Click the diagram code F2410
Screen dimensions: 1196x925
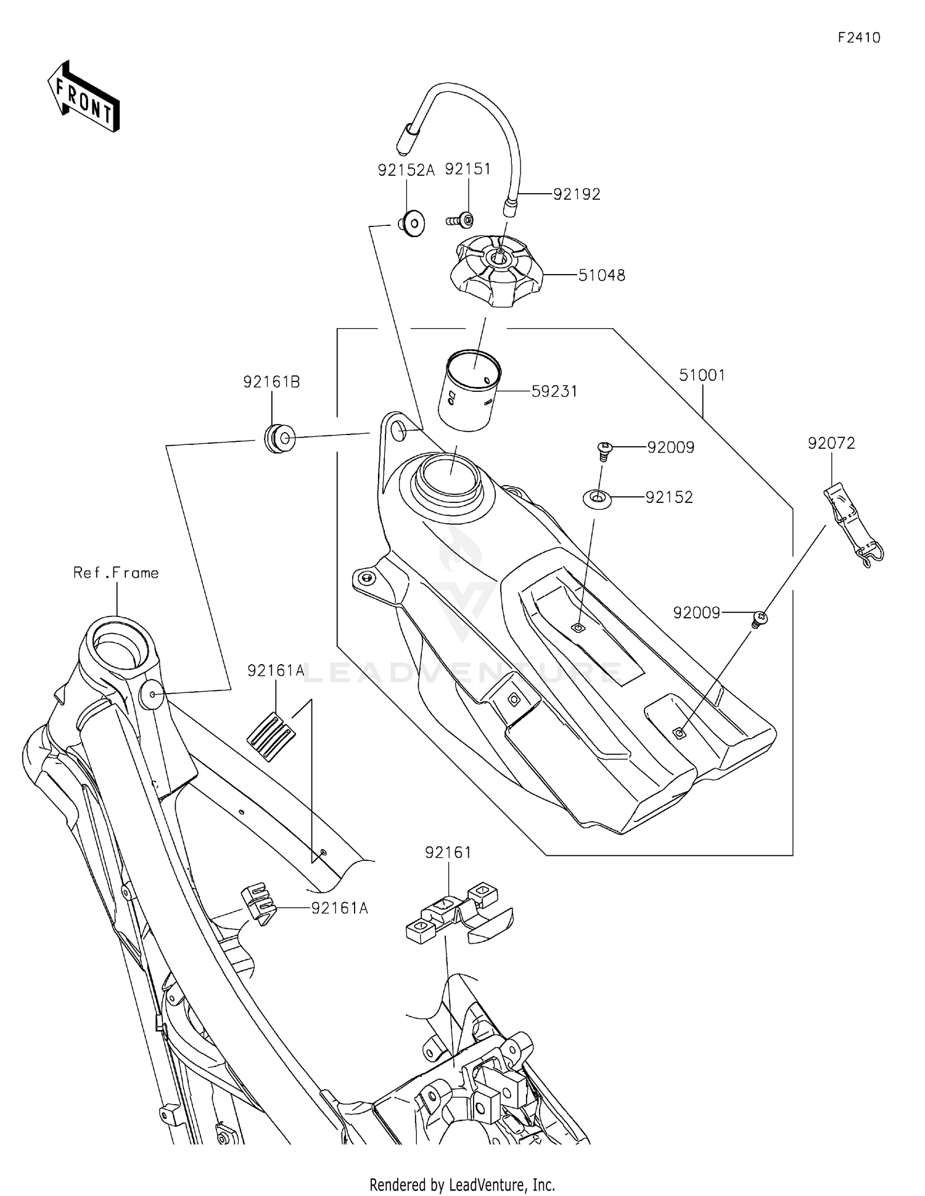point(858,38)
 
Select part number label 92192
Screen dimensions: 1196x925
point(576,194)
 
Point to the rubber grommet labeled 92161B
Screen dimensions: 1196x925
point(280,439)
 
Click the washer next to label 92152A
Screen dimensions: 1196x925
point(411,223)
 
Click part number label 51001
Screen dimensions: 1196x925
point(702,375)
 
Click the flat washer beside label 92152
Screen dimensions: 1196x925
point(597,497)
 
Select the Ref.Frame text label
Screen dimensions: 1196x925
point(116,573)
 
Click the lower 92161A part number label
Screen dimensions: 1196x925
point(339,908)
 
